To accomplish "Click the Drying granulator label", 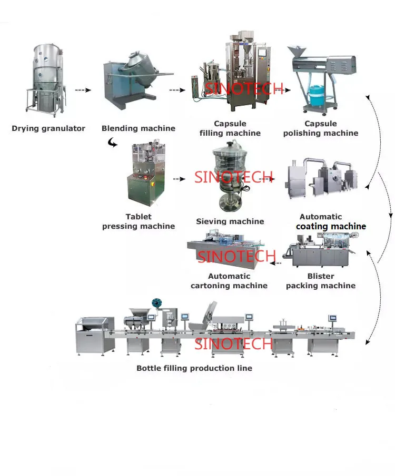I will [48, 128].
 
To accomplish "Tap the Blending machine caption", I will [139, 128].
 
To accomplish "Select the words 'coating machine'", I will [331, 226].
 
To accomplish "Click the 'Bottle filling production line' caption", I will [194, 368].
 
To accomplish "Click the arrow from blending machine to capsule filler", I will [177, 90].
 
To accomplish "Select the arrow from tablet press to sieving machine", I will [179, 179].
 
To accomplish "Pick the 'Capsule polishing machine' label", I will [321, 129].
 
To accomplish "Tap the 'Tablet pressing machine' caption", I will [139, 221].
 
